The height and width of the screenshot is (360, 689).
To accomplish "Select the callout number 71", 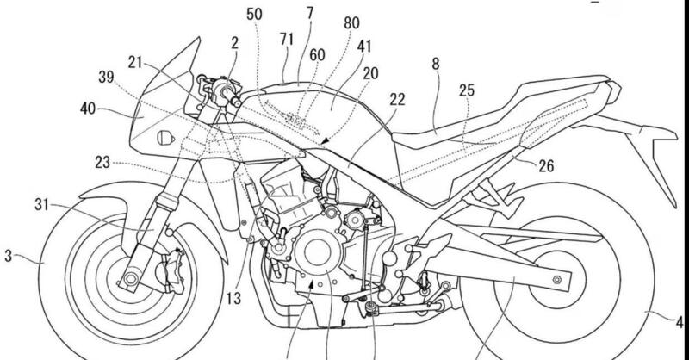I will tap(288, 40).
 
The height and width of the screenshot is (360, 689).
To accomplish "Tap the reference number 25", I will tap(466, 90).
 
